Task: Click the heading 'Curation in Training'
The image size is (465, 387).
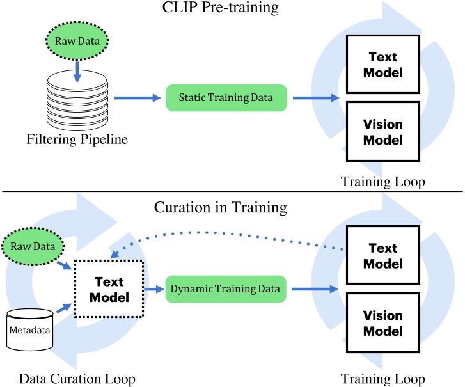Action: (x=232, y=209)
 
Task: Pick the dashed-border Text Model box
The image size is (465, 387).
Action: (x=109, y=289)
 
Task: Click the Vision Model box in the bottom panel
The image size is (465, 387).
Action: (x=383, y=324)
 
